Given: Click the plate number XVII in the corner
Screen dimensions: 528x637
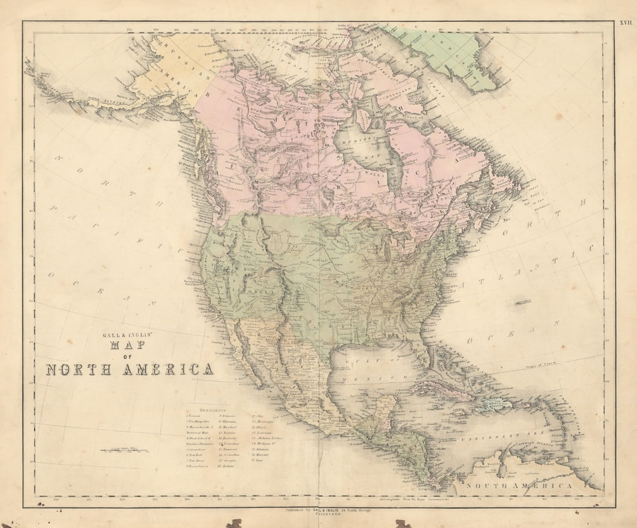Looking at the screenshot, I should (x=626, y=23).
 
